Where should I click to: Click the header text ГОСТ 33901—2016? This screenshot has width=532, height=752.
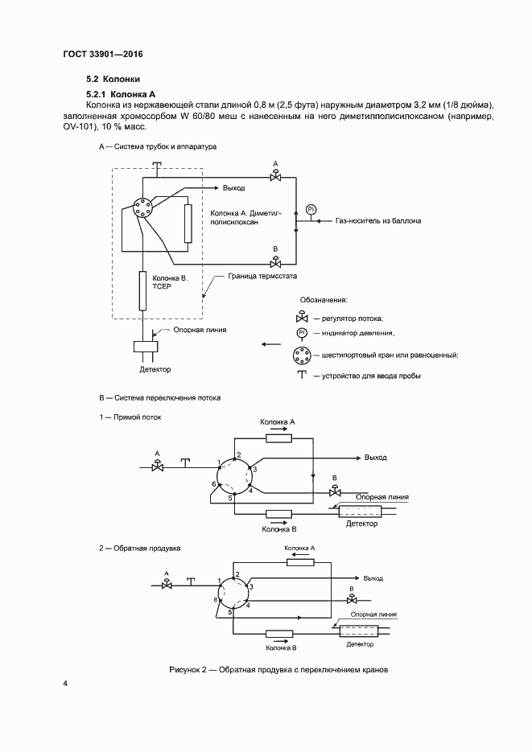[x=103, y=55]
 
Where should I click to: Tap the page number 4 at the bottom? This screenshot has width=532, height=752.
[x=66, y=684]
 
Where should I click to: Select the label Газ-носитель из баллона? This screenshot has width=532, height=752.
[x=377, y=220]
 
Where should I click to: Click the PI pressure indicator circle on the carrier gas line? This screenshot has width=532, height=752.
[x=312, y=209]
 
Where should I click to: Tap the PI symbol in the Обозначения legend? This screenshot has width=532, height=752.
[x=303, y=332]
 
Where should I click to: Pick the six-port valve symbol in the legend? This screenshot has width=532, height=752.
[x=303, y=355]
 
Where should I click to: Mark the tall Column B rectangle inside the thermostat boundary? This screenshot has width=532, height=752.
[x=142, y=291]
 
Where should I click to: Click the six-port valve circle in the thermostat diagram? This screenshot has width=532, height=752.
[x=142, y=208]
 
